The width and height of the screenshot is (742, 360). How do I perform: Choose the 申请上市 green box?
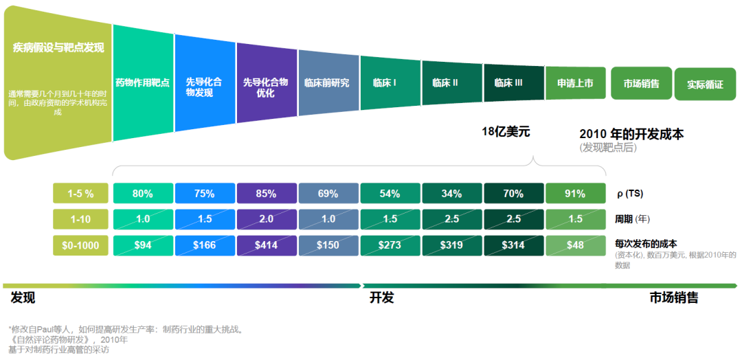point(575,83)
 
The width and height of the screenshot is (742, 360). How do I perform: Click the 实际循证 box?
point(705,84)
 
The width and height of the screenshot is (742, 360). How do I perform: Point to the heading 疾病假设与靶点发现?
point(58,48)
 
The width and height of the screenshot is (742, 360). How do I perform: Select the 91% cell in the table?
point(575,194)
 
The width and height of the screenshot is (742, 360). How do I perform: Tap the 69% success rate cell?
point(328,194)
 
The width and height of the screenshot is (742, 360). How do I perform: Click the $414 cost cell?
point(267,245)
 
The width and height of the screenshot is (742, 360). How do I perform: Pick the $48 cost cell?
point(575,245)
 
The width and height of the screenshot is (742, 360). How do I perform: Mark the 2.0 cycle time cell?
point(267,219)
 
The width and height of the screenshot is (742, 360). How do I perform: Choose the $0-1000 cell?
point(80,245)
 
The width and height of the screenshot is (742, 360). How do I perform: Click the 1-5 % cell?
point(80,194)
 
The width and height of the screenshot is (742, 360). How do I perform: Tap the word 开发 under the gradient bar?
point(382,298)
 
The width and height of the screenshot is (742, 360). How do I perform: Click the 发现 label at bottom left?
point(23,298)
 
